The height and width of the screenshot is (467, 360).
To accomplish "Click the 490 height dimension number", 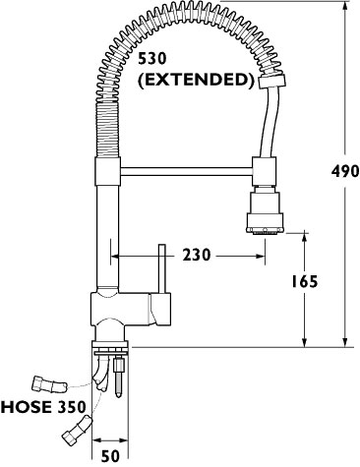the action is click(345, 171).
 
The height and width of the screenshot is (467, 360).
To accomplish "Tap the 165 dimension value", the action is click(305, 281).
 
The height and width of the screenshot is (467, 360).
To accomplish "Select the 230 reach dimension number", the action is click(197, 255).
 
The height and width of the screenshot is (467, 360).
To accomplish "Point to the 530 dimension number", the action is click(152, 59).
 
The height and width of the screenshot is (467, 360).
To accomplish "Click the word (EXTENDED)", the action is click(196, 80).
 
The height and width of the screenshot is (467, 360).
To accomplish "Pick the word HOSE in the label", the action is click(27, 407).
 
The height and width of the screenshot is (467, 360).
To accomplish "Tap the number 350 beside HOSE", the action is click(72, 407).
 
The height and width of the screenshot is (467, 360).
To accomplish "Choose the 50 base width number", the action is click(110, 456).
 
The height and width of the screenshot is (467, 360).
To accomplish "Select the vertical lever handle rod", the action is click(162, 268).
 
